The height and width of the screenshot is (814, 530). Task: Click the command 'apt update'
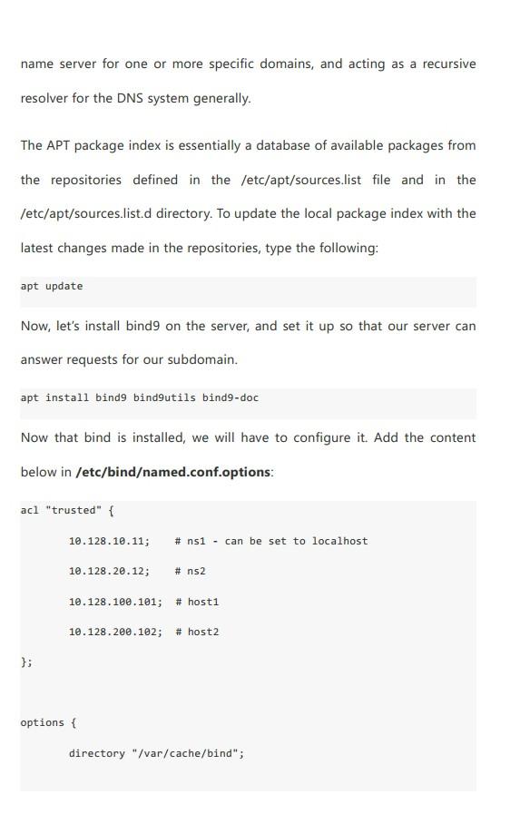pos(52,287)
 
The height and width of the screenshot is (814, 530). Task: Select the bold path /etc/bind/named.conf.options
pos(173,472)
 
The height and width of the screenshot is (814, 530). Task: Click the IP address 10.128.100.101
pos(115,602)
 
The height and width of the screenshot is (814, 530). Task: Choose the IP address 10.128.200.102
pos(115,632)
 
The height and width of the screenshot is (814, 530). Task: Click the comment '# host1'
pos(197,602)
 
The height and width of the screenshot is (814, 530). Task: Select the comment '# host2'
pos(197,632)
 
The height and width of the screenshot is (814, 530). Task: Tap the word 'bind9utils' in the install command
pos(164,397)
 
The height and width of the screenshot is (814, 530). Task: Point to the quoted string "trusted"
pos(74,511)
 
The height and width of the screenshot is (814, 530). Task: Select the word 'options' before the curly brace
pos(42,722)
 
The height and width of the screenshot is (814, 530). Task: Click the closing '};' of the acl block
pos(26,662)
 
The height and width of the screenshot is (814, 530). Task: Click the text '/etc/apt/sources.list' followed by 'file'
pos(300,180)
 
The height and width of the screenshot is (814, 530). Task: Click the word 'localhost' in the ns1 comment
pos(339,541)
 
